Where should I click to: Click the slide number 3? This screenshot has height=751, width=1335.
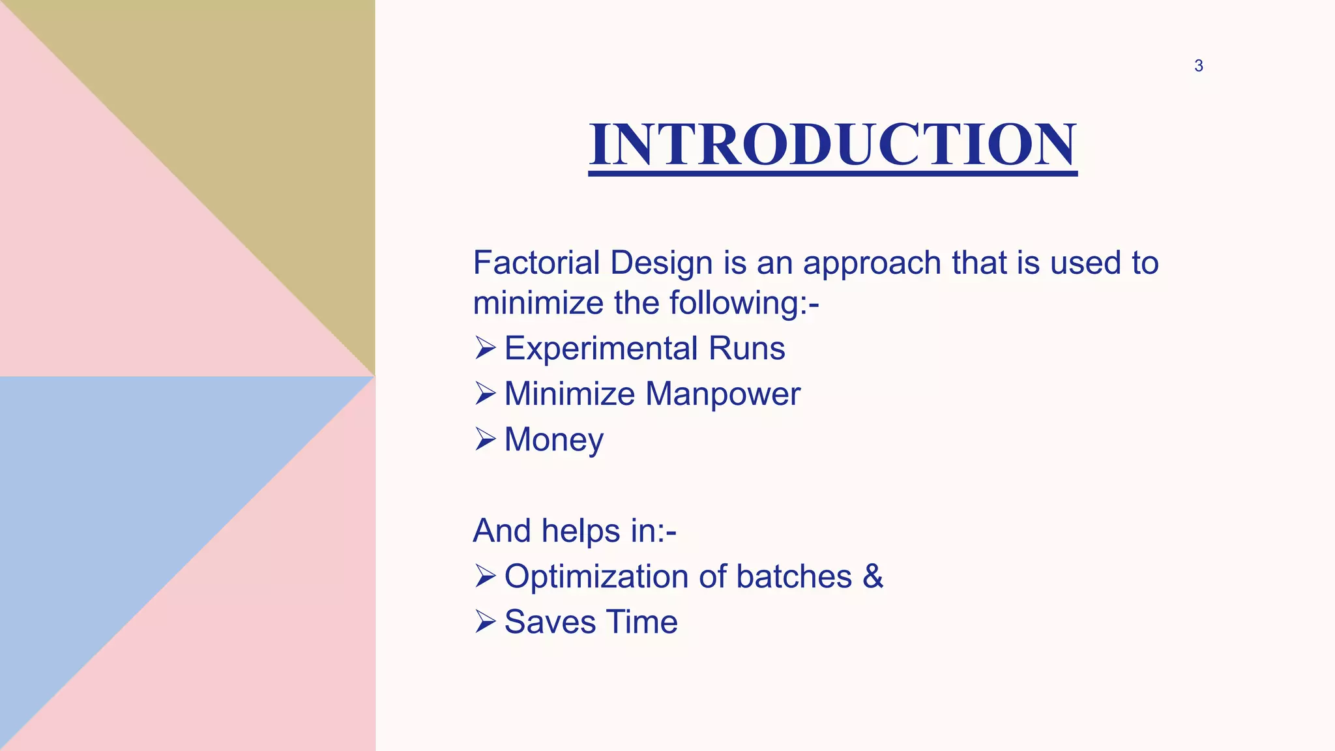point(1198,66)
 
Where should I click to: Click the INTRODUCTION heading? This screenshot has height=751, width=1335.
point(832,145)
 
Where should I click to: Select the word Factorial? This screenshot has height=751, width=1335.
point(536,263)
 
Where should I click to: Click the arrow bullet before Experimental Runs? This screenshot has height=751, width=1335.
point(485,348)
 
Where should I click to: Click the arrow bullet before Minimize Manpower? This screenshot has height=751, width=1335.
point(485,394)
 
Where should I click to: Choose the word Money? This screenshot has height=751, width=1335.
point(553,440)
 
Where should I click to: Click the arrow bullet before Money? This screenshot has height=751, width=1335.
point(485,439)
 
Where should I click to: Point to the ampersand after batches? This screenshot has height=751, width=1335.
point(873,576)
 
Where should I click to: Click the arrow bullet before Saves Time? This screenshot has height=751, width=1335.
point(485,622)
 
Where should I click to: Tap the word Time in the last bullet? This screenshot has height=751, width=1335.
point(642,622)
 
